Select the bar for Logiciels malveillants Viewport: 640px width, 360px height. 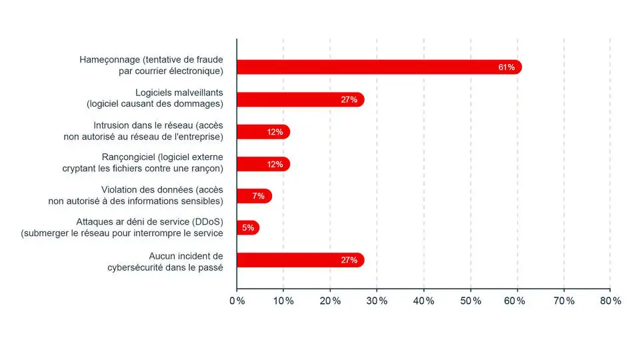(x=300, y=100)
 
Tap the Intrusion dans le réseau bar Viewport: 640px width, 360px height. (x=263, y=132)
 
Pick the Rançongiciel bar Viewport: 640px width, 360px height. (x=263, y=164)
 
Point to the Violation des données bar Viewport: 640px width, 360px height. (x=254, y=196)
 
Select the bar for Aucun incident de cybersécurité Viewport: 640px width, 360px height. (x=300, y=260)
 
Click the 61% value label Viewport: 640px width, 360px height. (x=506, y=67)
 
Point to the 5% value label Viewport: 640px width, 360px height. (x=248, y=228)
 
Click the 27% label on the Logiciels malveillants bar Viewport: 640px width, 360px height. (x=349, y=100)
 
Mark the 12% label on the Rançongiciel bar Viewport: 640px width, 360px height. (x=275, y=164)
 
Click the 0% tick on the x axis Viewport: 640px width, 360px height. (x=237, y=301)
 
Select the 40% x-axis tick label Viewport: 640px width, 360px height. (x=424, y=301)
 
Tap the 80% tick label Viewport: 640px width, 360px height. (x=610, y=301)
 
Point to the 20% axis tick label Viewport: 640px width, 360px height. (x=330, y=301)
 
